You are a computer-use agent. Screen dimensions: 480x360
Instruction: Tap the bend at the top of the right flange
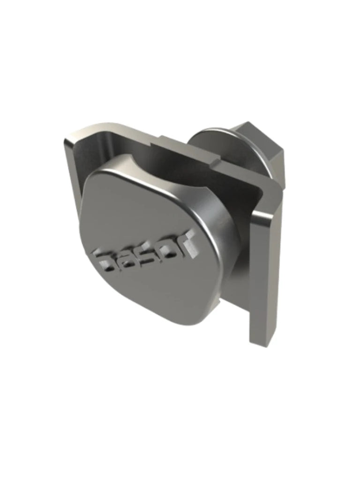click(x=274, y=190)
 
